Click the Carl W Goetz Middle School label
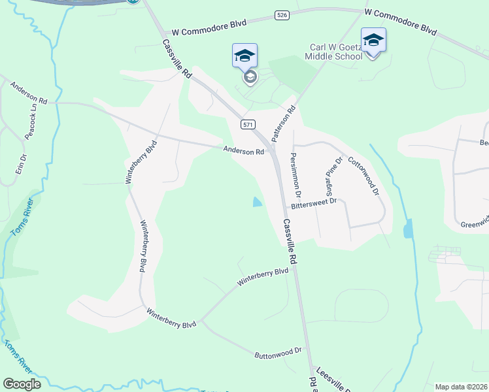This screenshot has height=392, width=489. click(x=335, y=52)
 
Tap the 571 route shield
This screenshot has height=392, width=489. click(x=247, y=124)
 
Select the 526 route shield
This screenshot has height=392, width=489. click(x=282, y=15)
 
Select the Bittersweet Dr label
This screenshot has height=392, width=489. click(x=314, y=203)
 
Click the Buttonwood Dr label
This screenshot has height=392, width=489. click(x=278, y=353)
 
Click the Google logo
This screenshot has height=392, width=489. click(x=22, y=384)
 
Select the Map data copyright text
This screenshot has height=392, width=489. click(x=461, y=387)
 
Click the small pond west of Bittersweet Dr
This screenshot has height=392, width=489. click(x=257, y=203)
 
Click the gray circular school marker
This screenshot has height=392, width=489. click(x=249, y=78)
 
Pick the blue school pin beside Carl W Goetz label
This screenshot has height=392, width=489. click(x=373, y=40)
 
